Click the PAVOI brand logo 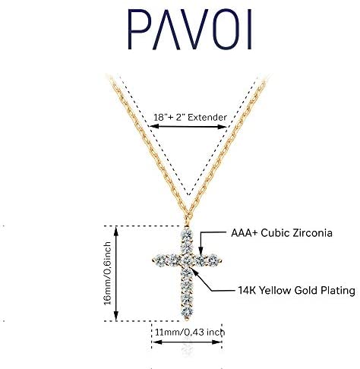click(190, 29)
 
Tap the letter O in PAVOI click(225, 29)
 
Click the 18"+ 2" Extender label click(190, 118)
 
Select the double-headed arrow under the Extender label click(188, 126)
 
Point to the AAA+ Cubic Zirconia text click(282, 233)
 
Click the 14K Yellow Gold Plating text click(296, 290)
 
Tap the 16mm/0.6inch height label click(108, 273)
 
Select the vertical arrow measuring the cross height click(116, 273)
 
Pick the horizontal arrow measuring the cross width click(187, 342)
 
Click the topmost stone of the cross click(187, 235)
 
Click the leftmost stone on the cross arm click(159, 260)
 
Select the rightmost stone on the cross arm click(214, 260)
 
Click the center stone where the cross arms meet click(187, 260)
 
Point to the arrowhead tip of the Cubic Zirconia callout click(201, 254)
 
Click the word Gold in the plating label click(306, 290)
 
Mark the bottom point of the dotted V click(188, 195)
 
